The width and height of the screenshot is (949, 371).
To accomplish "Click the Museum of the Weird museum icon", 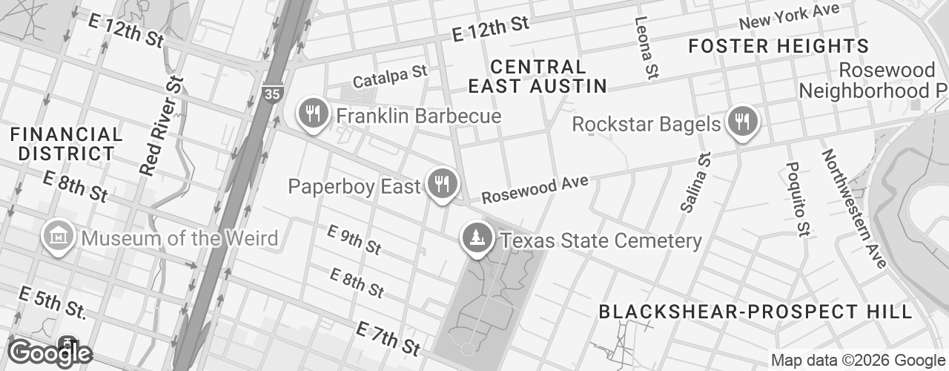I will pyautogui.click(x=59, y=237).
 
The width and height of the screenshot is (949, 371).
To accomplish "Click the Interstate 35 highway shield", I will pyautogui.click(x=271, y=93).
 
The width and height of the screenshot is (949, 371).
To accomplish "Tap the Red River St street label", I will pyautogui.click(x=162, y=126).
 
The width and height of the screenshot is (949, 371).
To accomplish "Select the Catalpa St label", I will pyautogui.click(x=391, y=76).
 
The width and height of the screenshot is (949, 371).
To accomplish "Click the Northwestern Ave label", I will pyautogui.click(x=853, y=209).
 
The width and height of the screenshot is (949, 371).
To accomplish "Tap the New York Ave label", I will pyautogui.click(x=789, y=16).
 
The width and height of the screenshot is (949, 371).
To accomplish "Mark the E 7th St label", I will pyautogui.click(x=388, y=338).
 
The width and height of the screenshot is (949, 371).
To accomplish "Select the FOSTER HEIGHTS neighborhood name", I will pyautogui.click(x=778, y=46).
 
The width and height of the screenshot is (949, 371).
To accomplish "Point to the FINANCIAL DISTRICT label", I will pyautogui.click(x=67, y=144).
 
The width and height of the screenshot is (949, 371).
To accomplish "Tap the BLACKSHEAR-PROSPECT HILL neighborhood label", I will pyautogui.click(x=755, y=312).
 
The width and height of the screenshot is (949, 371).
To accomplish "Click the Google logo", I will pyautogui.click(x=50, y=353).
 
